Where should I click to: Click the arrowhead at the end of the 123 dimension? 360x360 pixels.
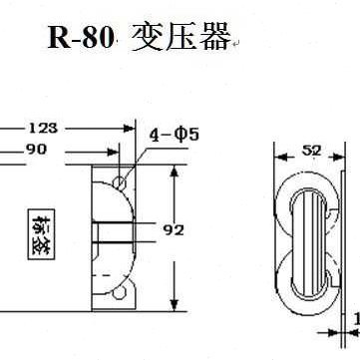point(131,128)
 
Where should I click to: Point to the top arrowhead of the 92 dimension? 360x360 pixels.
point(175,173)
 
